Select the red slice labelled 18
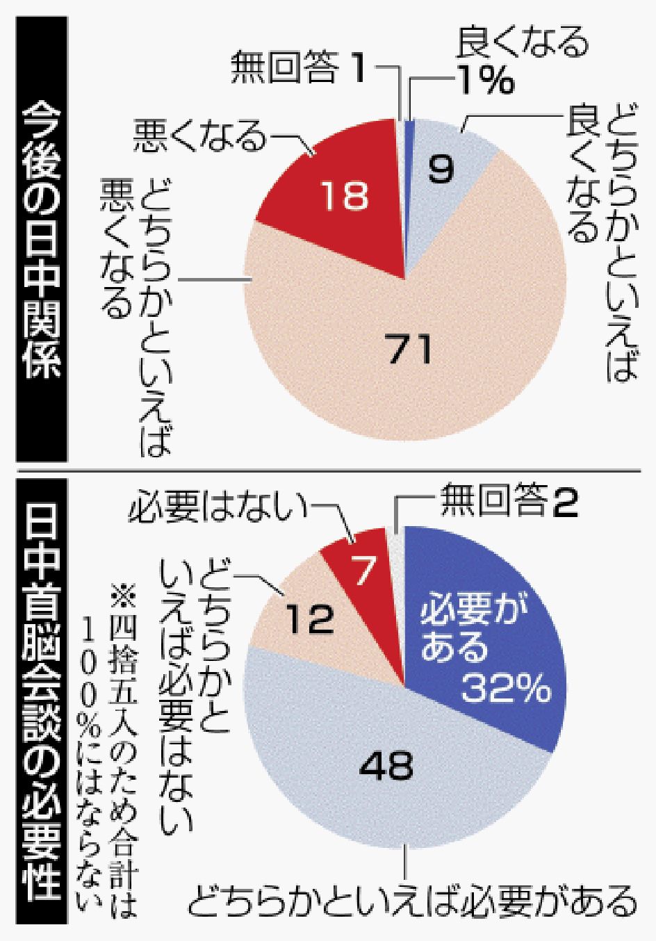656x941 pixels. pyautogui.click(x=345, y=195)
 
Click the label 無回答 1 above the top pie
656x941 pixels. pyautogui.click(x=298, y=72)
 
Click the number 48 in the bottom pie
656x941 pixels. pyautogui.click(x=386, y=766)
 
